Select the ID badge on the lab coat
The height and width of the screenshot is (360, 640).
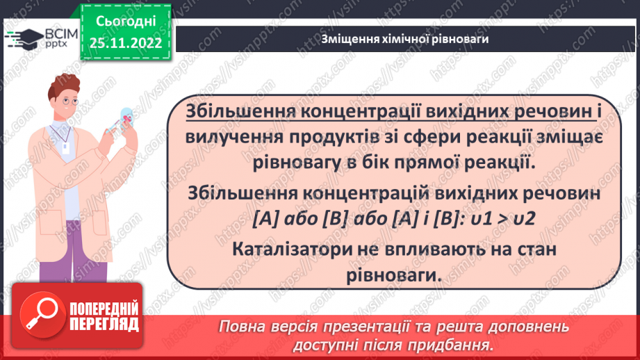[x=68, y=147]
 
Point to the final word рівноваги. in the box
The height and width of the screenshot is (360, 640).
[x=393, y=274]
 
